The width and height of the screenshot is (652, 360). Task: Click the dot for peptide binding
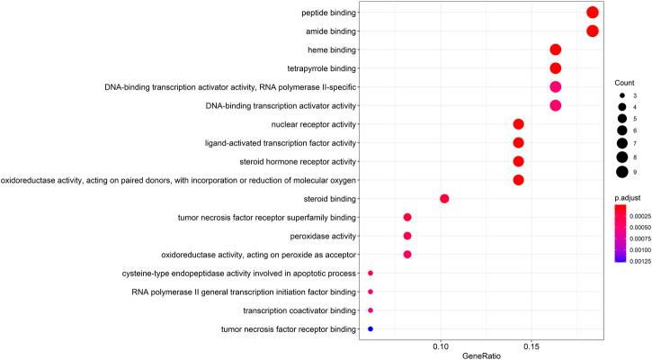[x=592, y=13]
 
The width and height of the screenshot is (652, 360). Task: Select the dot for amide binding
[x=592, y=31]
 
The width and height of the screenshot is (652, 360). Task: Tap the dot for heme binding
[x=555, y=49]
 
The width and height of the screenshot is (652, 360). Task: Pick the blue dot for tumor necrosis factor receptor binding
[x=371, y=329]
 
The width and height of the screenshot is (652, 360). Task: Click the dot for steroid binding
[x=444, y=199]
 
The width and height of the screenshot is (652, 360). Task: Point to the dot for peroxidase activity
[x=407, y=236]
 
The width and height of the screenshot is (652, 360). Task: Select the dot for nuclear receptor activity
[x=518, y=124]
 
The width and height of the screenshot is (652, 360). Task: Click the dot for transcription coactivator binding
[x=371, y=310]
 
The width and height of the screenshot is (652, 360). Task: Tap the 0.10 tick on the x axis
[x=441, y=346]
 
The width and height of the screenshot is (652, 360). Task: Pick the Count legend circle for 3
[x=621, y=94]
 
